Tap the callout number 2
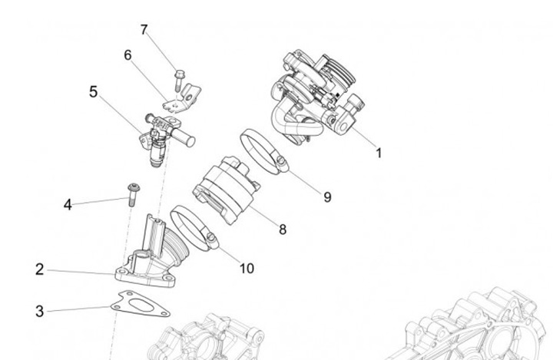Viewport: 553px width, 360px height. click(x=40, y=269)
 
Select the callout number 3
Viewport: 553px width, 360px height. click(x=40, y=311)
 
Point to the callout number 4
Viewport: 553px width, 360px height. click(x=68, y=205)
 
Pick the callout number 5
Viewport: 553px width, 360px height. click(x=94, y=92)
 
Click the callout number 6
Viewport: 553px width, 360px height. click(x=127, y=55)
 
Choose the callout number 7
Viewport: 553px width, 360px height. click(x=144, y=30)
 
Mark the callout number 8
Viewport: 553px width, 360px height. click(x=283, y=229)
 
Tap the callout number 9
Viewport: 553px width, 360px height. click(x=327, y=197)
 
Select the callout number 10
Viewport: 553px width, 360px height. click(x=247, y=268)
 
